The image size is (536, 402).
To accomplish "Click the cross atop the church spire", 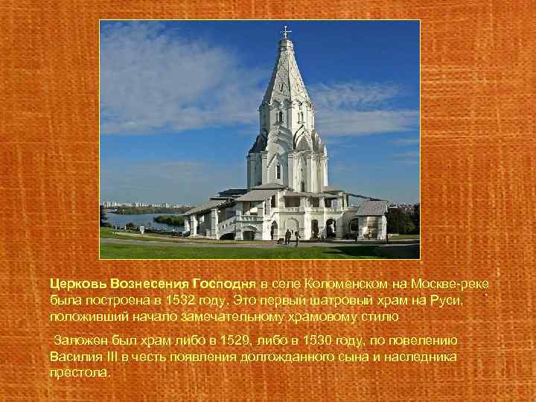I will click(286, 32).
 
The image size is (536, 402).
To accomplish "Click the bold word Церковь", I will click(78, 284).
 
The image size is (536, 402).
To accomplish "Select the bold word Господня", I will click(224, 284).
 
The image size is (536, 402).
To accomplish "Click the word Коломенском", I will click(328, 284).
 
